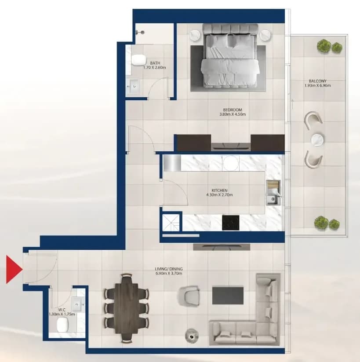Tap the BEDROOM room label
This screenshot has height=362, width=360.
(233, 110)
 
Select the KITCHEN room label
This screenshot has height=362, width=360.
(219, 190)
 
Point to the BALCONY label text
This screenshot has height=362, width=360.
(317, 81)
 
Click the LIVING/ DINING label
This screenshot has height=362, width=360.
(169, 269)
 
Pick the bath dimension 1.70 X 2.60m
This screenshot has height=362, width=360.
(155, 68)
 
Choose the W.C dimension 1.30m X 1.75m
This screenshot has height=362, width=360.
(62, 314)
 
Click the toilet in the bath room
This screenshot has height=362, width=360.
(139, 60)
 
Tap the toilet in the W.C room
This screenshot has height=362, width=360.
(62, 324)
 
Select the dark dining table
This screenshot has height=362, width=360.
(127, 308)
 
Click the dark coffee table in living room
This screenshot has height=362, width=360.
(228, 296)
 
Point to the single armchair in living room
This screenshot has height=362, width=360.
(189, 293)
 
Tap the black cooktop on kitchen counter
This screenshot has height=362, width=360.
(230, 223)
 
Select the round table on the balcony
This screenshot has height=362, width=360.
(317, 140)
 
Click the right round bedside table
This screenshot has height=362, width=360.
(265, 36)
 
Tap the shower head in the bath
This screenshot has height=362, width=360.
(141, 32)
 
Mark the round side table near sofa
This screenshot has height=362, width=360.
(192, 335)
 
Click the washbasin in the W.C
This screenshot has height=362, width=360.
(77, 304)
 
